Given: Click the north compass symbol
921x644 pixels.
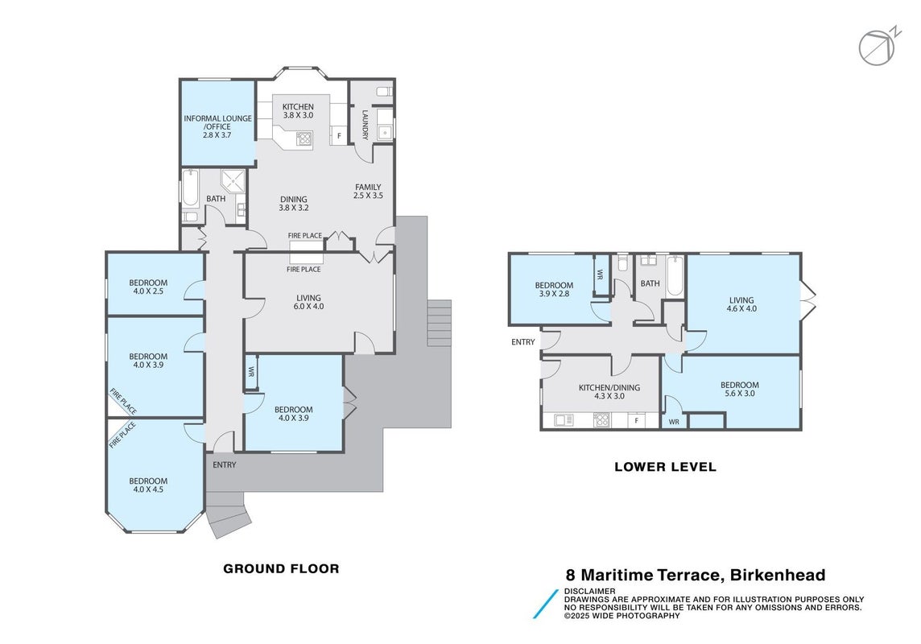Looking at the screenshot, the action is [878, 47].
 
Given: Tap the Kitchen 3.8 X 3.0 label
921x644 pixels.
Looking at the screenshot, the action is [298, 111].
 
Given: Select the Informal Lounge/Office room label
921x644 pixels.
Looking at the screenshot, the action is [217, 126].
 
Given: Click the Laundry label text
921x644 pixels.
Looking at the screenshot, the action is [365, 125].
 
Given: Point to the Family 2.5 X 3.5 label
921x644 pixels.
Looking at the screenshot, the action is [368, 192].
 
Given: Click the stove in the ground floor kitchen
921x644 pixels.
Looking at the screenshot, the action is [304, 139].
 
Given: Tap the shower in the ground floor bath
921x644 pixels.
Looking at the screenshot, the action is [233, 181].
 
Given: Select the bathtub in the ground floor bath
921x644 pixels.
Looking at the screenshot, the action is [190, 188].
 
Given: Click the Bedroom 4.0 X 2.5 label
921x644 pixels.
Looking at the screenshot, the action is [148, 287].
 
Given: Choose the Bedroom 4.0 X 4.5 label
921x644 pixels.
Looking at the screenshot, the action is [148, 485].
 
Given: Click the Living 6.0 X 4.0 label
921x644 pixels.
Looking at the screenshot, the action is [308, 302].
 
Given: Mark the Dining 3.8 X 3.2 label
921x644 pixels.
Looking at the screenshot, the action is [293, 203].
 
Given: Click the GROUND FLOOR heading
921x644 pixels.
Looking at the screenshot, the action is [281, 568].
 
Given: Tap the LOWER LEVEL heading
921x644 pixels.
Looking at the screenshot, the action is [666, 467].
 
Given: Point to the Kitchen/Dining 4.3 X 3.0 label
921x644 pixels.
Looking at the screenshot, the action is [609, 391].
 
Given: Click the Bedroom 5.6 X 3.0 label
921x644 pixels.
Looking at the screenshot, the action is [740, 390].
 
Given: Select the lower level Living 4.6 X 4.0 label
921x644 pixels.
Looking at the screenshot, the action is [741, 304].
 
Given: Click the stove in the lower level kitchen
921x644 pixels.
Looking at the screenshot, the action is [601, 420].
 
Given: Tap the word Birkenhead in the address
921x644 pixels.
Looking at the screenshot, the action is [778, 575].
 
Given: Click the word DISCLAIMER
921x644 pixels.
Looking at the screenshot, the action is [590, 591].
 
